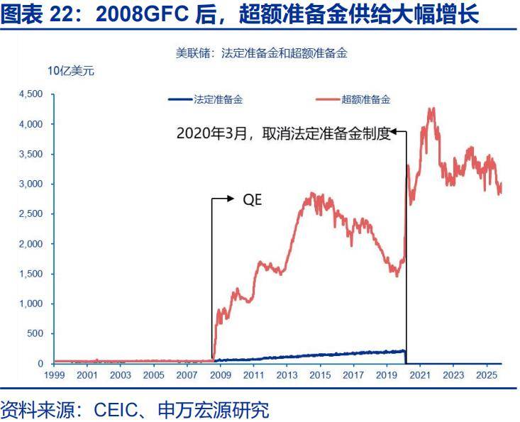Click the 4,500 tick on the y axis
31,94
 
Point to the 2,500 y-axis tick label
31,213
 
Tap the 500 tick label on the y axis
35,333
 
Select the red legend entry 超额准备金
365,99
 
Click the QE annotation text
253,200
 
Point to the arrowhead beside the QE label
231,200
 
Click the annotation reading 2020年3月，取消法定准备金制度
284,134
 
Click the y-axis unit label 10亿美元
70,71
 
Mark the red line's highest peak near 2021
431,108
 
